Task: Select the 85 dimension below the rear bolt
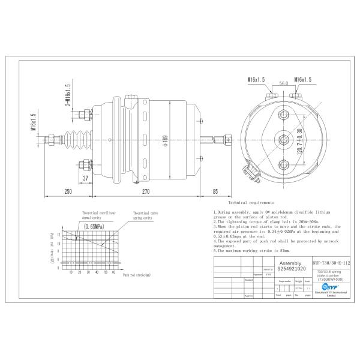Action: [215, 191]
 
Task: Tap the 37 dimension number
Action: [86, 178]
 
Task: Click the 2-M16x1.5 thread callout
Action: [68, 95]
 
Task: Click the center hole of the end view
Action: [283, 140]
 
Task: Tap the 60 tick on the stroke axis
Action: [113, 271]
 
